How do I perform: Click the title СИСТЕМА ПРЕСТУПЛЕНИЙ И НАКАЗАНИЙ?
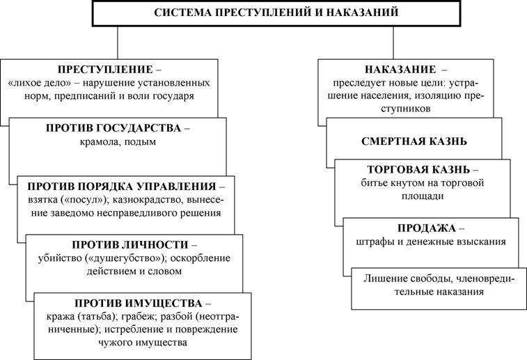coord(276,13)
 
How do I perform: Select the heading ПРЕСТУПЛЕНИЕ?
coord(105,69)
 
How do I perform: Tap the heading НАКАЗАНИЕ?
coord(400,69)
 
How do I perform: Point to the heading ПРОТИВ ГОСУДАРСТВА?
coord(113,128)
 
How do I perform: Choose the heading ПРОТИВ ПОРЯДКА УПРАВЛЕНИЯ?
coord(122,186)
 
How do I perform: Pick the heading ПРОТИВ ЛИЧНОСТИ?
coord(130,244)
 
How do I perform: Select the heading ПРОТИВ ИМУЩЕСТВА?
coord(139,303)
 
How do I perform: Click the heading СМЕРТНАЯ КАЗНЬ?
coord(414,141)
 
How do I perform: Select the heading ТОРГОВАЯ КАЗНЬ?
coord(418,169)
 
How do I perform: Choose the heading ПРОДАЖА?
coord(427,228)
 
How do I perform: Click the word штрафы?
coord(373,242)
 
